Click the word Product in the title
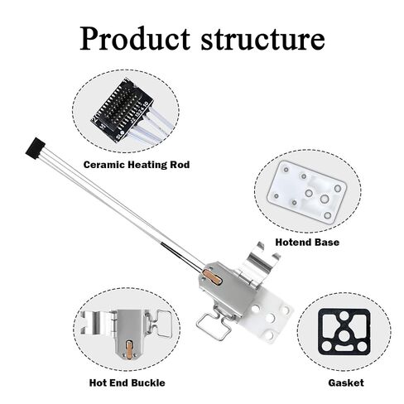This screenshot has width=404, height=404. [x=135, y=38]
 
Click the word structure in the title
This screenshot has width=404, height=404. [x=262, y=39]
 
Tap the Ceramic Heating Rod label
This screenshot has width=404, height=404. [x=137, y=165]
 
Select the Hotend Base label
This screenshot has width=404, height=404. [x=307, y=242]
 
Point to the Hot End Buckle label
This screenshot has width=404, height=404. [x=127, y=382]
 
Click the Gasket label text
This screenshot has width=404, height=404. [x=346, y=382]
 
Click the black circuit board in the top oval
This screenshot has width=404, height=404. [x=122, y=109]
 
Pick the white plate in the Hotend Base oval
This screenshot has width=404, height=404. [x=307, y=192]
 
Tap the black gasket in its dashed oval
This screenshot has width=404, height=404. [x=344, y=332]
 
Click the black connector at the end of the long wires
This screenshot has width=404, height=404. [x=35, y=148]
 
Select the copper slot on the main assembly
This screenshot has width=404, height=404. [x=212, y=277]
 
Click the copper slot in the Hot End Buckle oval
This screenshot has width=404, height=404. [x=129, y=349]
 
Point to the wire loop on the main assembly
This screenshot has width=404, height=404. [x=213, y=325]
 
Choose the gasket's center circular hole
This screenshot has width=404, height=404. [x=343, y=335]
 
